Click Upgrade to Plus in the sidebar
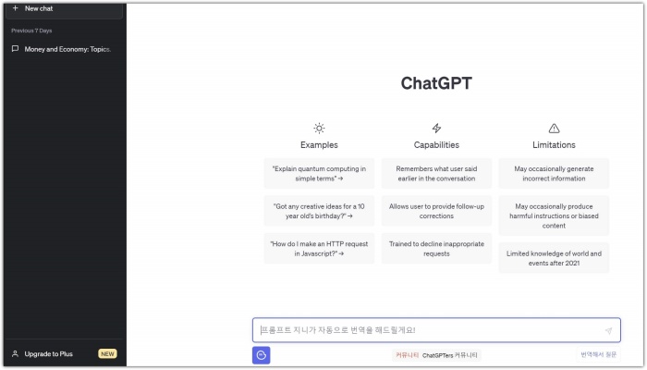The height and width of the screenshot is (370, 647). pos(48,353)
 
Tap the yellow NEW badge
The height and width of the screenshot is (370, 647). pos(107,353)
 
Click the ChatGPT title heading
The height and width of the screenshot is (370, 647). pos(436,83)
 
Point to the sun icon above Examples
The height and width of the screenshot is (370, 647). pos(319,129)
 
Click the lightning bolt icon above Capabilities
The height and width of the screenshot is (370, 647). pos(436,129)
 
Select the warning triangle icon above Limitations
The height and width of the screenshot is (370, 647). pos(554,129)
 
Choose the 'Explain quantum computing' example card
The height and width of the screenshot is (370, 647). pos(319,173)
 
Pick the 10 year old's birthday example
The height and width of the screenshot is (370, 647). pos(319,211)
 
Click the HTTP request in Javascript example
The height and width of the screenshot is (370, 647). pos(319,249)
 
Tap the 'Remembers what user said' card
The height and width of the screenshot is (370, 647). pos(436,173)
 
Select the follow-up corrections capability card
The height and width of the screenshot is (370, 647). pos(436,211)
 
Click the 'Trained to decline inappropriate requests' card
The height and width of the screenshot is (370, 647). pos(436,249)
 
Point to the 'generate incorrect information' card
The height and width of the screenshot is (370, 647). pos(554,173)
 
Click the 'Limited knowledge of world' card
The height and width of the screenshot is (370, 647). pos(554,257)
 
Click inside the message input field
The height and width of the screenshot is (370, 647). pos(425,330)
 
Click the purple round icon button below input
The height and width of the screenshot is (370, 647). pos(262,355)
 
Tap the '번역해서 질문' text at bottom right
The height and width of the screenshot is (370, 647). pos(599,355)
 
